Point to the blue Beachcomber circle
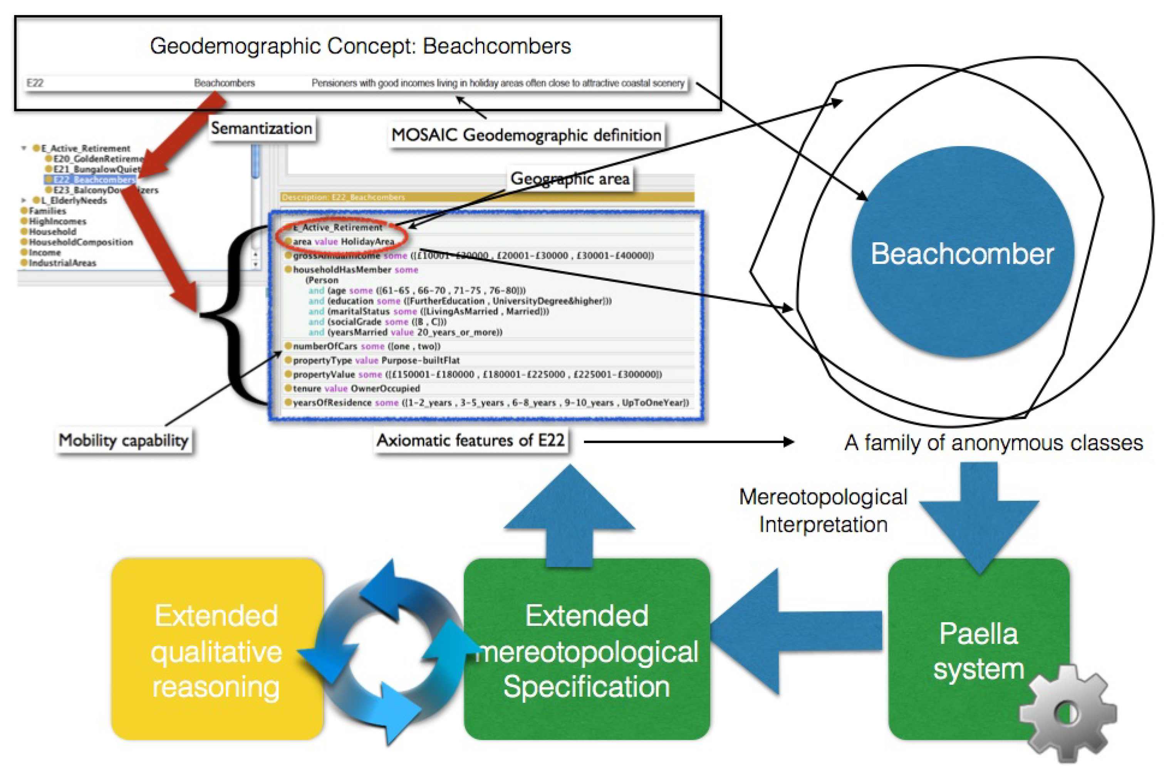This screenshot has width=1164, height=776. pyautogui.click(x=962, y=252)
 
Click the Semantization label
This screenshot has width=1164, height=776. pyautogui.click(x=261, y=129)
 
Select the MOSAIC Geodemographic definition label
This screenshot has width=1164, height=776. pyautogui.click(x=526, y=135)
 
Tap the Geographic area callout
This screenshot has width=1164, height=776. pyautogui.click(x=570, y=179)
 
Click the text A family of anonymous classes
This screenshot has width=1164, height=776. pyautogui.click(x=993, y=443)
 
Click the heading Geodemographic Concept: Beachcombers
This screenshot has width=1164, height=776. pyautogui.click(x=360, y=46)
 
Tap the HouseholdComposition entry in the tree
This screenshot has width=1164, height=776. pyautogui.click(x=81, y=242)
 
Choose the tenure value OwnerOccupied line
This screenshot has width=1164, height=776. pyautogui.click(x=356, y=389)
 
